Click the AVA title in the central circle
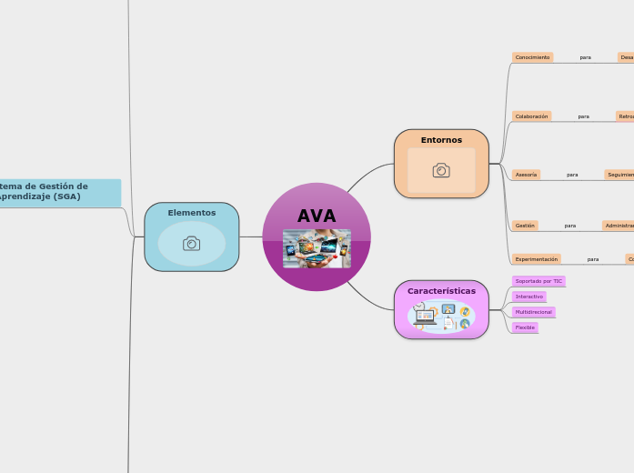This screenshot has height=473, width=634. (317, 216)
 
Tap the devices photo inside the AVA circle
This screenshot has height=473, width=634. (317, 248)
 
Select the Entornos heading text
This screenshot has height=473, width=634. (441, 140)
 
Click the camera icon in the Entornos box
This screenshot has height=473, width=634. (441, 170)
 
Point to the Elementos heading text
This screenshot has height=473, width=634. (191, 213)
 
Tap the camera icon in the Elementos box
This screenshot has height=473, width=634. (191, 244)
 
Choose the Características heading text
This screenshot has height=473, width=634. (441, 291)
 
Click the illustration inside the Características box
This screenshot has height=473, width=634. (441, 317)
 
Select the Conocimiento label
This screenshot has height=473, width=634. (532, 57)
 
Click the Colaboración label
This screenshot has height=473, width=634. (531, 116)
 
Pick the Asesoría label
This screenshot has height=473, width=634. (526, 175)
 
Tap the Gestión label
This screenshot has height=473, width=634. (525, 226)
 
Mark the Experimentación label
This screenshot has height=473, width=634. (536, 259)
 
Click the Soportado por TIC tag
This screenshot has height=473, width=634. (538, 282)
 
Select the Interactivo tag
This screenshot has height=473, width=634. (528, 297)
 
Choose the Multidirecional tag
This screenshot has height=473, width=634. (533, 312)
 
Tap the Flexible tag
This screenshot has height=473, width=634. (525, 327)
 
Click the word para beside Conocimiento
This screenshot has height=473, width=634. (585, 57)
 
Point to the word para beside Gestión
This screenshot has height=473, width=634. (569, 226)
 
